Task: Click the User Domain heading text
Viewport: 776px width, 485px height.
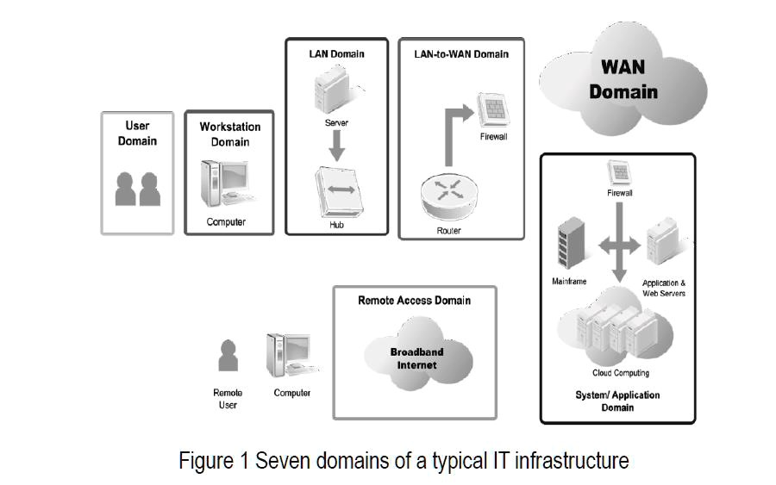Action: tap(137, 134)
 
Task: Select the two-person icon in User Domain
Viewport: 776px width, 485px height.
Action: tap(138, 189)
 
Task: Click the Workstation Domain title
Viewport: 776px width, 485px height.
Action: tap(229, 134)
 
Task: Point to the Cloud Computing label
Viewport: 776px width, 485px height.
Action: tap(620, 373)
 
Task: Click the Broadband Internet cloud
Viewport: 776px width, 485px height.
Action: tap(416, 358)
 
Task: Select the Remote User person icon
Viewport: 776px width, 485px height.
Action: tap(228, 355)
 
